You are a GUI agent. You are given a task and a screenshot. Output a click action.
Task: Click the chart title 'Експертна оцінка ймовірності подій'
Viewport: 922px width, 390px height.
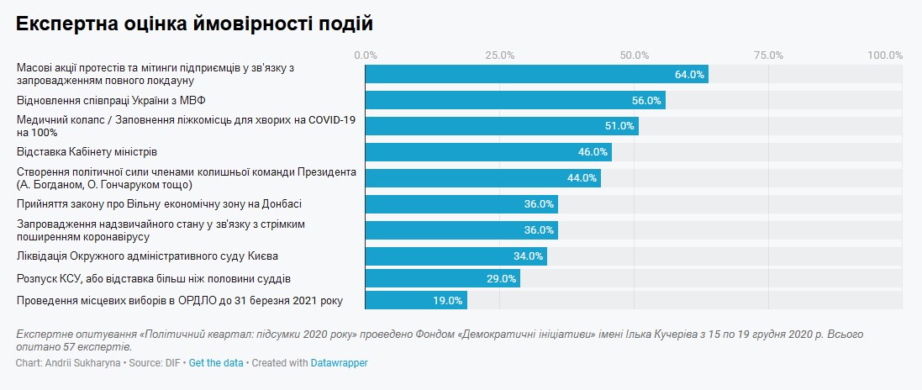click(194, 24)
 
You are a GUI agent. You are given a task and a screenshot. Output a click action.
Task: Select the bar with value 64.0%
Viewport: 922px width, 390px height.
click(536, 74)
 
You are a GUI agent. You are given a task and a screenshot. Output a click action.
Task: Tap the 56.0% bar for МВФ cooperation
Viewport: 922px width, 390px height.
click(514, 100)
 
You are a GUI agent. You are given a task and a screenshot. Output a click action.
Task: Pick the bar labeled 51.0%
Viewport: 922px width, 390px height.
click(501, 126)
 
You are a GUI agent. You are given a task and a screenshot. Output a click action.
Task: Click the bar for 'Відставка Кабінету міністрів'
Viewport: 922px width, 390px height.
click(487, 152)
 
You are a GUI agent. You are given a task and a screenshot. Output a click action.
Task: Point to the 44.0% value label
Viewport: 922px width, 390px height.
click(582, 178)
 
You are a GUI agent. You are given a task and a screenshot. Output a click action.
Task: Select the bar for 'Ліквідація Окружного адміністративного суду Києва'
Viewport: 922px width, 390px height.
click(456, 256)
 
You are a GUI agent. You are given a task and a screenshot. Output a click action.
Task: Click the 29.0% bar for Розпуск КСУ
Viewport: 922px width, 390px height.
click(442, 278)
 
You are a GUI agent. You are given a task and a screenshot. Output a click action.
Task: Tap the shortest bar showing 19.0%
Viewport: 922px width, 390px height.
click(415, 300)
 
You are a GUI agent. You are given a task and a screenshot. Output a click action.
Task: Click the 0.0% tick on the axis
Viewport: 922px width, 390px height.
click(366, 55)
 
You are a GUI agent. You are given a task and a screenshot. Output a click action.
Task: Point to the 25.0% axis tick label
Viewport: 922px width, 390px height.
click(500, 55)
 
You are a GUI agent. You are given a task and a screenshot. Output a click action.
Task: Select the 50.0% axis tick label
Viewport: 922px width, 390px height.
click(635, 55)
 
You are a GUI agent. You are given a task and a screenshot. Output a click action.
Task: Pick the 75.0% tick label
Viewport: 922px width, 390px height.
click(768, 55)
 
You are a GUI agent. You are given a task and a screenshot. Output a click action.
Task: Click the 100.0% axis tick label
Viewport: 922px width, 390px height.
click(885, 55)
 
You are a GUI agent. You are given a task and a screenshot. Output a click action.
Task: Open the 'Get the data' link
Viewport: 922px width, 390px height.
click(216, 363)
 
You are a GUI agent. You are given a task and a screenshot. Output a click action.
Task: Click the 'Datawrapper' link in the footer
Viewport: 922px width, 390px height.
click(339, 363)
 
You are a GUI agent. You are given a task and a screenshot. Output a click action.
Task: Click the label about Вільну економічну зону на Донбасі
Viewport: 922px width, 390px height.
click(159, 204)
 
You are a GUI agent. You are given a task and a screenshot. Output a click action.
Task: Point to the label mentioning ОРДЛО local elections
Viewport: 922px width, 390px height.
click(180, 300)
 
